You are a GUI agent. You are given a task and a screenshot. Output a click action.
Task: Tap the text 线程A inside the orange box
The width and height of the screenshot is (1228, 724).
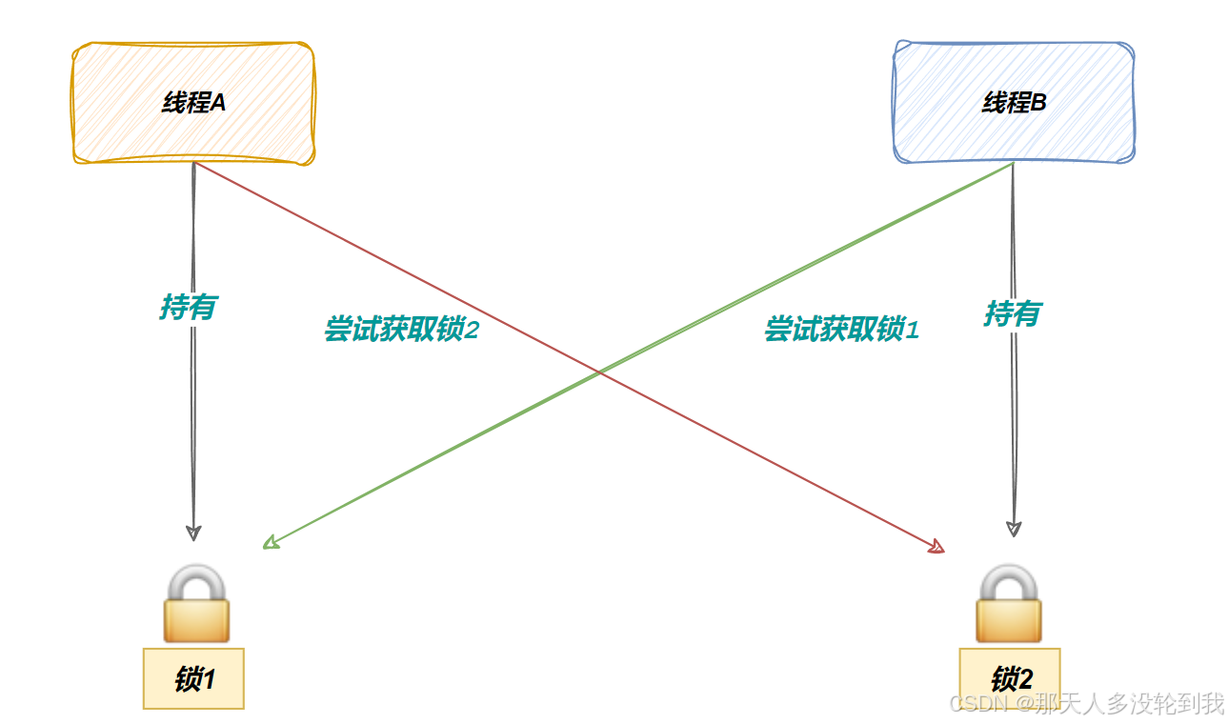point(193,103)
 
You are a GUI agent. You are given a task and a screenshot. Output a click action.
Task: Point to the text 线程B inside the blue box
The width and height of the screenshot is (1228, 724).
point(1014,103)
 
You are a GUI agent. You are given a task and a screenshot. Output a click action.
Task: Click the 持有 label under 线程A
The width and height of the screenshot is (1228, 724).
point(188,307)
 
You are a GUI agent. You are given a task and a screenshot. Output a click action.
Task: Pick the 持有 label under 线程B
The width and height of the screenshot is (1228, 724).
point(1013,312)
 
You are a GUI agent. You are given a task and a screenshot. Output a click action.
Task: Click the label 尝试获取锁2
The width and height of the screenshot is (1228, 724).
point(400,330)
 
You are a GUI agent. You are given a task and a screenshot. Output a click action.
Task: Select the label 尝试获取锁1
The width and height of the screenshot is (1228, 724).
point(841,330)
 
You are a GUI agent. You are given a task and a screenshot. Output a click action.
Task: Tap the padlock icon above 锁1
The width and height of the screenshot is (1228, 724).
point(196,604)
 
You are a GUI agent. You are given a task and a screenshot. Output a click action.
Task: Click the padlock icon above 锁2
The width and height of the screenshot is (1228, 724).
point(1009,604)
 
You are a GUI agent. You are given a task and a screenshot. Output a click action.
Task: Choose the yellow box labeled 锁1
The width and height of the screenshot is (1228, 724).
point(193,679)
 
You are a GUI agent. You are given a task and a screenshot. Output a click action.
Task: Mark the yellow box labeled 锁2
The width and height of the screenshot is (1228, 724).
point(1010,679)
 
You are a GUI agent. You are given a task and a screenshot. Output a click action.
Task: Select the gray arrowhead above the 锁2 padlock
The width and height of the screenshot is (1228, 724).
point(1015,529)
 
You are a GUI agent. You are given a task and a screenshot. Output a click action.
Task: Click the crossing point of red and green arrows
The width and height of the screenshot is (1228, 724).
point(599,372)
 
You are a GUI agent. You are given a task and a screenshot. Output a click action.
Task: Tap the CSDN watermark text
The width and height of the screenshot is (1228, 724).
point(1086,704)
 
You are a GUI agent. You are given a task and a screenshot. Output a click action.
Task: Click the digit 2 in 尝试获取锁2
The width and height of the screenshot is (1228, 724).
point(471,330)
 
